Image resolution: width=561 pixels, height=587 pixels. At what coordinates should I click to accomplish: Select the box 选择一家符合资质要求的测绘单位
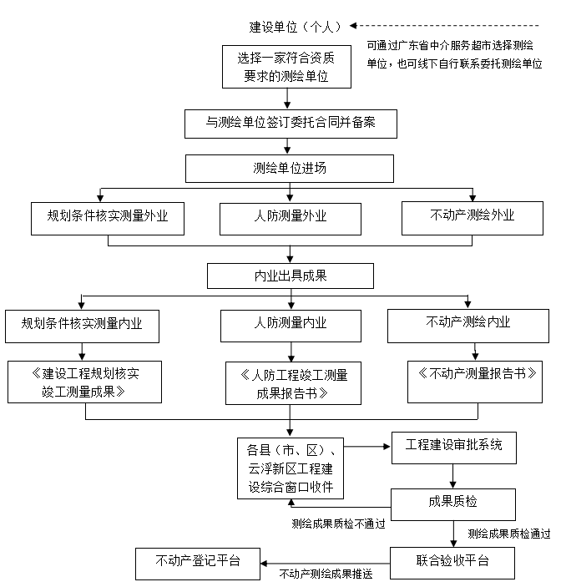coord(286,67)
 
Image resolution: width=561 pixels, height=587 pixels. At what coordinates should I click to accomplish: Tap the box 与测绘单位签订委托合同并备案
coord(290,123)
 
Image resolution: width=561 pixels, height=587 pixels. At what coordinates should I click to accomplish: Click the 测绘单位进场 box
coord(290,168)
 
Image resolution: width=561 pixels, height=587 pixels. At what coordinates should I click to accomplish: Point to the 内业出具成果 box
coord(290,275)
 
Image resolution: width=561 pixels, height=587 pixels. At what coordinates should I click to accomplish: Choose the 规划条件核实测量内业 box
coord(83,325)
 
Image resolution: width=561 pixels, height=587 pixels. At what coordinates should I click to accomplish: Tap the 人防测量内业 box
coord(290,324)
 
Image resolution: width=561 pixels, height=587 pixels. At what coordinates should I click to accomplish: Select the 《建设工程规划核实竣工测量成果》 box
coord(83,382)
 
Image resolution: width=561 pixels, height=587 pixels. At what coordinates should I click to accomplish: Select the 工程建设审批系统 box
coord(453,446)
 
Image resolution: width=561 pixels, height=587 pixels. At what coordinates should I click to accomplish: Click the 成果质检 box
coord(453,503)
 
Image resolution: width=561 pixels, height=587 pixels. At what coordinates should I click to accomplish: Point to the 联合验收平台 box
coord(453,561)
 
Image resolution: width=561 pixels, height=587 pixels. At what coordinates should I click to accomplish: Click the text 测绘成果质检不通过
coord(338,524)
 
